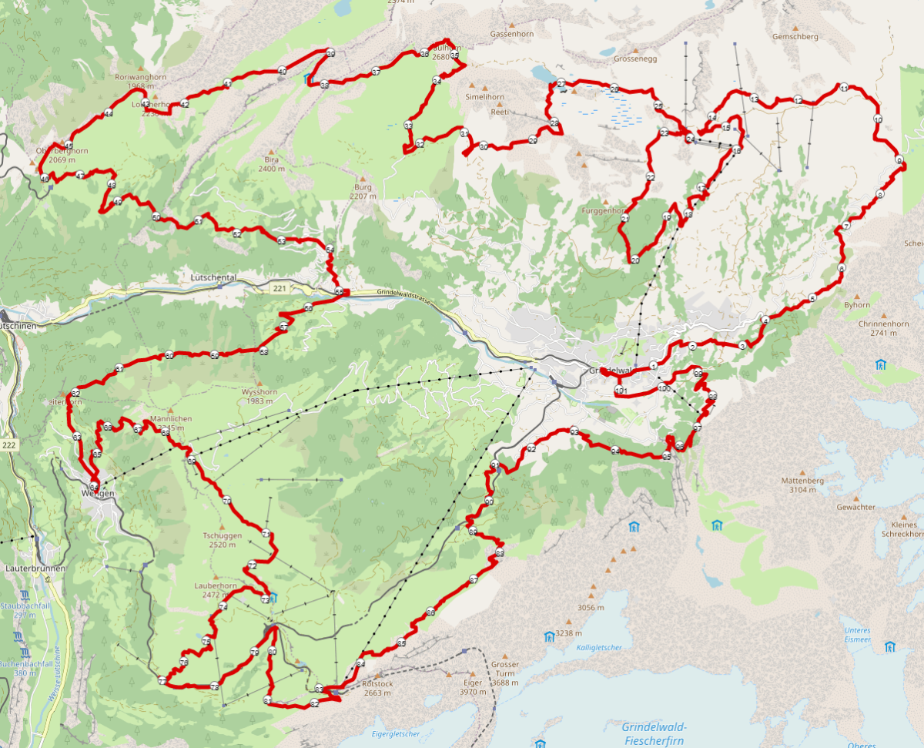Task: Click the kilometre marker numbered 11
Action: [x=844, y=87]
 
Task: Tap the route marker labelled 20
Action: [x=635, y=260]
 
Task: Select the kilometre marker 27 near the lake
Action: [x=561, y=83]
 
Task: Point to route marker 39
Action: [x=330, y=53]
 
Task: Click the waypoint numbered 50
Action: [x=156, y=217]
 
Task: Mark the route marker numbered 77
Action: [x=162, y=680]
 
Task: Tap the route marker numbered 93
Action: [x=574, y=431]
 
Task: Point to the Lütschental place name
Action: [x=213, y=277]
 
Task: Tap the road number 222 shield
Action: [x=8, y=445]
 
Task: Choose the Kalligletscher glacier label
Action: [x=598, y=647]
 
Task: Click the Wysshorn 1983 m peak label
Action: [x=259, y=396]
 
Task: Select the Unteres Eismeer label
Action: [x=857, y=634]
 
